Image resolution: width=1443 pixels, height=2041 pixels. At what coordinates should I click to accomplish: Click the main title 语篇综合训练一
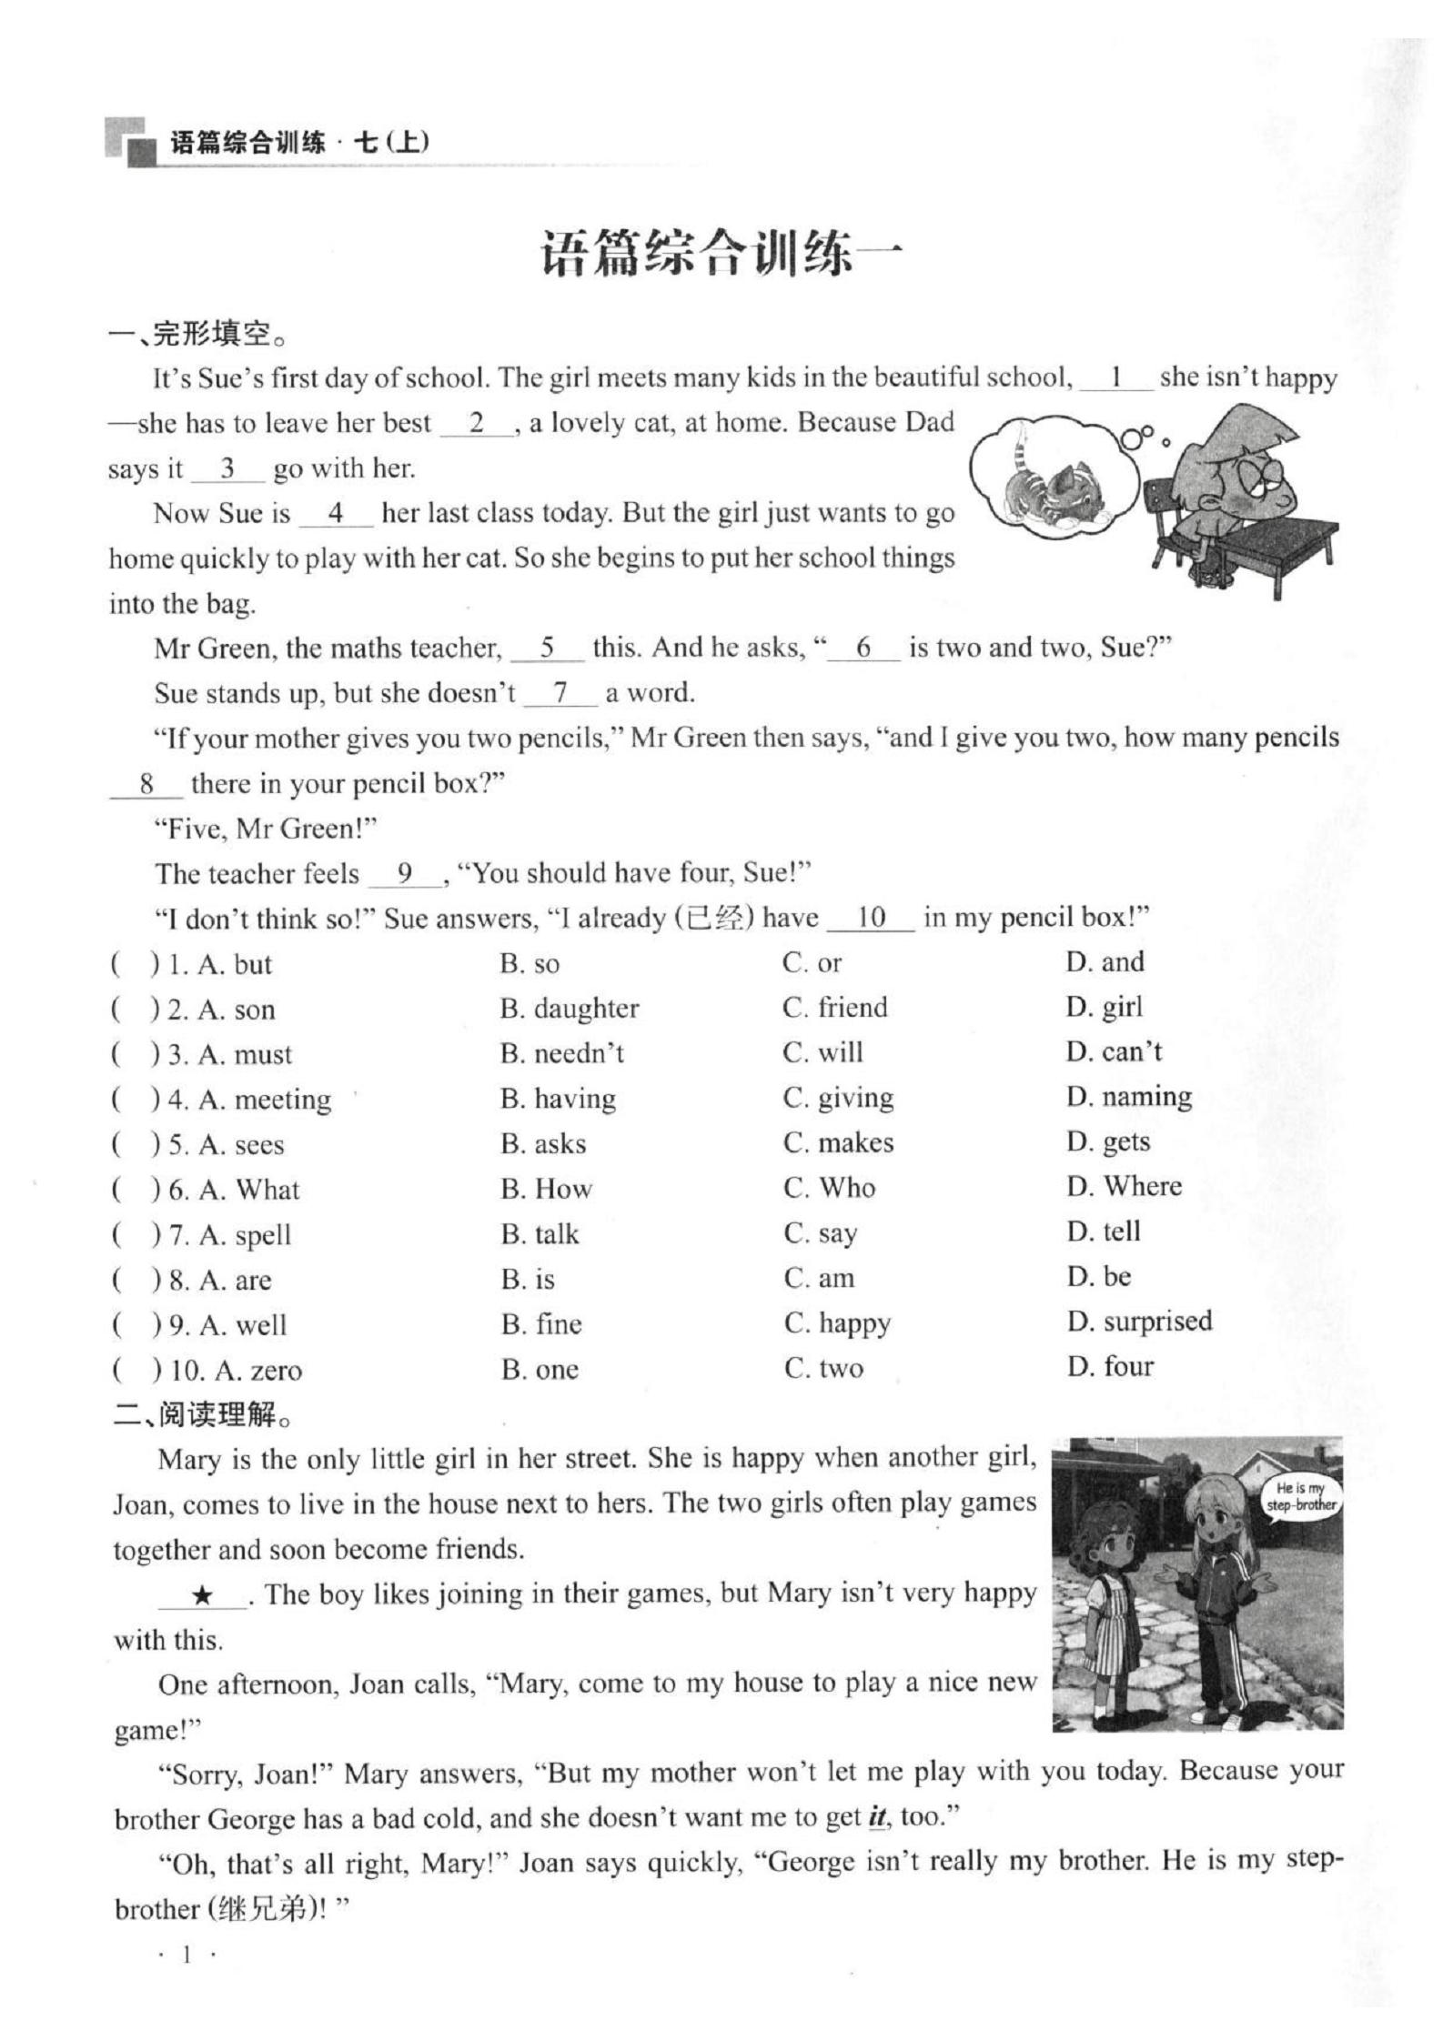pos(721,254)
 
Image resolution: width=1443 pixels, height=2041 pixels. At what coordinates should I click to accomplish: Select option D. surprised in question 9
pos(1139,1322)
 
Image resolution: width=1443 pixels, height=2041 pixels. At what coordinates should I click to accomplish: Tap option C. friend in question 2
pos(834,1008)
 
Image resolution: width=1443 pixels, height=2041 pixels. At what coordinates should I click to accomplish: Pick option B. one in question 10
pos(540,1369)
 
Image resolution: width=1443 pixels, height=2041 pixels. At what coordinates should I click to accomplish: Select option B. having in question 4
pos(558,1099)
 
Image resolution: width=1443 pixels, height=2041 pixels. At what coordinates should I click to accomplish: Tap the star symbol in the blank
pos(202,1594)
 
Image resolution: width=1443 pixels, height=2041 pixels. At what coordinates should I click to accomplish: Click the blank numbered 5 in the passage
pos(547,648)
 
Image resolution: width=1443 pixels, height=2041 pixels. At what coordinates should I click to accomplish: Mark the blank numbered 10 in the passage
pos(871,918)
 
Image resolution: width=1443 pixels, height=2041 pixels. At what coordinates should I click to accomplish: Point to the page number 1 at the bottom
pos(187,1955)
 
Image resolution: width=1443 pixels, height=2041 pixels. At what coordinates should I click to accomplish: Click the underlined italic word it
pos(877,1817)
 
